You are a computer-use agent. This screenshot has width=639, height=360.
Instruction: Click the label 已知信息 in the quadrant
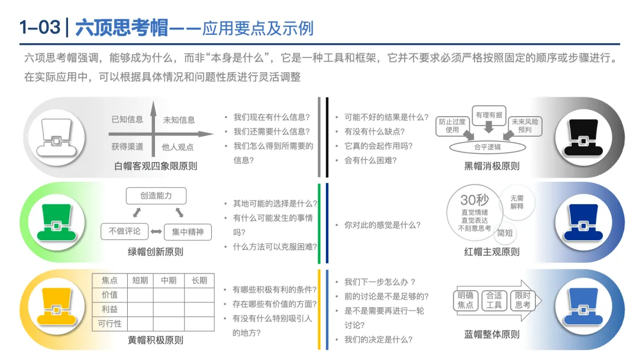pyautogui.click(x=127, y=120)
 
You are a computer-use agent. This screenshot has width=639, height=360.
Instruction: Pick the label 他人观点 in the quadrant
pyautogui.click(x=178, y=147)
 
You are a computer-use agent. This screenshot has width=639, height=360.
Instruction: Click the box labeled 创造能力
pyautogui.click(x=156, y=196)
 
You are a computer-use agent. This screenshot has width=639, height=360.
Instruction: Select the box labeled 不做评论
pyautogui.click(x=125, y=231)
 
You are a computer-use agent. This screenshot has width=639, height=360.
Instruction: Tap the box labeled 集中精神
pyautogui.click(x=188, y=232)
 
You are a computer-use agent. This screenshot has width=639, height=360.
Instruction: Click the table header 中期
pyautogui.click(x=169, y=281)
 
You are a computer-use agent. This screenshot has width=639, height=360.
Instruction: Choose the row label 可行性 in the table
pyautogui.click(x=109, y=323)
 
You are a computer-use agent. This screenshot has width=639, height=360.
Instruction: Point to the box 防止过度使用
pyautogui.click(x=452, y=125)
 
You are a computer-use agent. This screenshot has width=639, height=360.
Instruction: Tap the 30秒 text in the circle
pyautogui.click(x=475, y=201)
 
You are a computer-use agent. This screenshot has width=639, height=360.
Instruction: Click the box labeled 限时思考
pyautogui.click(x=522, y=300)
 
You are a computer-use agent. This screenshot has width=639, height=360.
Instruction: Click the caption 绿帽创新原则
pyautogui.click(x=156, y=252)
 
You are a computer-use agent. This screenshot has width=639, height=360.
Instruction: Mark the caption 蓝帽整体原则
pyautogui.click(x=492, y=335)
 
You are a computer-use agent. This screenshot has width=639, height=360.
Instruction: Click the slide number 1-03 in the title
pyautogui.click(x=40, y=28)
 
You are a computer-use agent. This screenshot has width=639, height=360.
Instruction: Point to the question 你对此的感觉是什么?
pyautogui.click(x=382, y=225)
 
